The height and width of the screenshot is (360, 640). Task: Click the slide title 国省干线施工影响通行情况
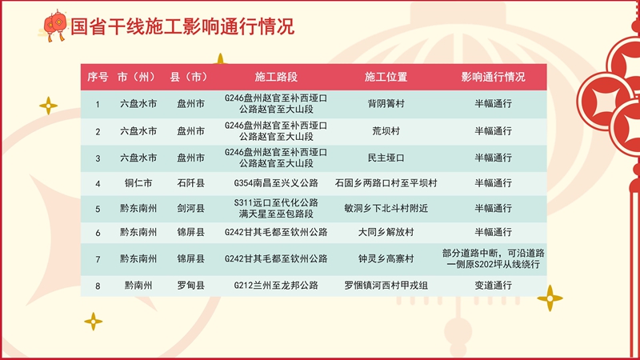click(182, 26)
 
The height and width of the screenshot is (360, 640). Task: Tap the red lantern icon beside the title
click(54, 26)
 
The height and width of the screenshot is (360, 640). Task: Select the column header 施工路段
click(276, 77)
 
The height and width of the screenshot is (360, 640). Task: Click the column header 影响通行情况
click(493, 77)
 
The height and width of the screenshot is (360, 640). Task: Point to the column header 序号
click(98, 77)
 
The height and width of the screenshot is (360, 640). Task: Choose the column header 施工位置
click(386, 77)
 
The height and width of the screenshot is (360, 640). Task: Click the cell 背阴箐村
click(386, 104)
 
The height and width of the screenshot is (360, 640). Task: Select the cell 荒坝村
click(386, 131)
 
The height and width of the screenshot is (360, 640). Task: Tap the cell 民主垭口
click(386, 158)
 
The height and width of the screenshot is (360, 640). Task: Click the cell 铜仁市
click(138, 183)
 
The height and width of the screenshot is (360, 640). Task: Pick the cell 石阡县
click(190, 183)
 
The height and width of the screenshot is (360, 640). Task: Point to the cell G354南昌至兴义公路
click(276, 183)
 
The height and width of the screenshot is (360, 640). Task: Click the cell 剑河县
click(190, 209)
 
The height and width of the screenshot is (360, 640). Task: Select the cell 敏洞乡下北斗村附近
click(386, 209)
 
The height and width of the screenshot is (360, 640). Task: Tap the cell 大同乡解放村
click(386, 232)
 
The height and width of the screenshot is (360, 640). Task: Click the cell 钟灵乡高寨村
click(386, 258)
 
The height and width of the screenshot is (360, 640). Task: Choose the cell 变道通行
click(493, 286)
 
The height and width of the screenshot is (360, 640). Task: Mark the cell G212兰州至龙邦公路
click(276, 286)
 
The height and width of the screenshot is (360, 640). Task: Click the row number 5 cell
click(98, 210)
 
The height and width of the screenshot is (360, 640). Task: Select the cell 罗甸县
click(190, 286)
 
